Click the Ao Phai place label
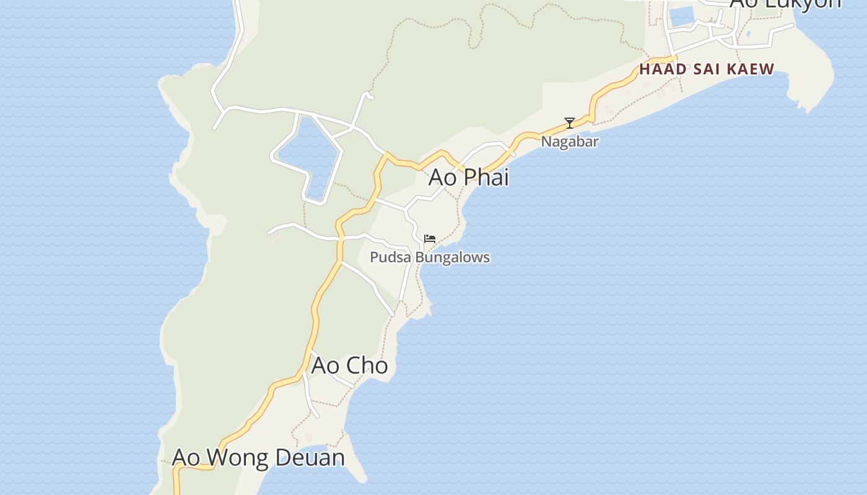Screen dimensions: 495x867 coord(468,177)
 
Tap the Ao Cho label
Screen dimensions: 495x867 coord(349,365)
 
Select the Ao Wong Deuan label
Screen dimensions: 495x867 coord(258,457)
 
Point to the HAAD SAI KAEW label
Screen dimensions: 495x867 coord(707,69)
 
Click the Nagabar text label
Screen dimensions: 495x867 coord(570,141)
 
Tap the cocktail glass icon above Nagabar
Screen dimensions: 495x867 coord(570,123)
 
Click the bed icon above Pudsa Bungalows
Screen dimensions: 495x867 coord(430,239)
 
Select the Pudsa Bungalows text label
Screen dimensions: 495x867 coord(430,257)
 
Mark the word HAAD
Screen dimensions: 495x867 coord(663,69)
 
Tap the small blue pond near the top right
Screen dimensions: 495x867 coord(681,16)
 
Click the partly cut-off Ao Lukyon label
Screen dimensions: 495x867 coord(785,4)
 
